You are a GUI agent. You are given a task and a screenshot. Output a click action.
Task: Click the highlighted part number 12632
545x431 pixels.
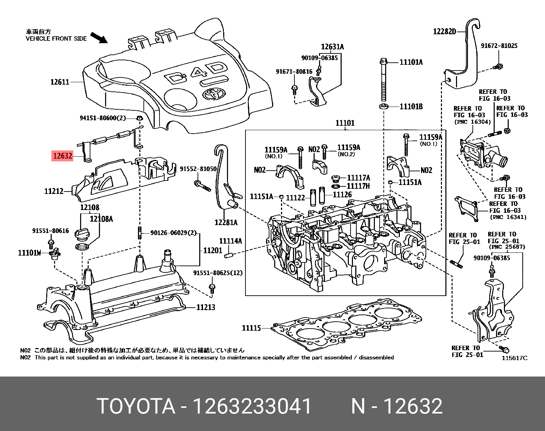tap(63, 156)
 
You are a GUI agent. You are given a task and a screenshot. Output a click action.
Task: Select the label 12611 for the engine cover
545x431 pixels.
tap(60, 82)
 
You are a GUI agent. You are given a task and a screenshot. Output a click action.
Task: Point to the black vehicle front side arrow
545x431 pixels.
tap(99, 38)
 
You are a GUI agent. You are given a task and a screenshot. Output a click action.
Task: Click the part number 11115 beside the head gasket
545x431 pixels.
tap(251, 328)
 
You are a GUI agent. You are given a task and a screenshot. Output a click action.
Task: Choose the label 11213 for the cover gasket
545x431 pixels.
tap(205, 307)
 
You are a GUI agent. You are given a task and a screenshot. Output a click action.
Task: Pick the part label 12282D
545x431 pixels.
tap(444, 32)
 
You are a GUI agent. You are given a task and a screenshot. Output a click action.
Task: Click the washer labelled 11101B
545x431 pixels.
tap(384, 107)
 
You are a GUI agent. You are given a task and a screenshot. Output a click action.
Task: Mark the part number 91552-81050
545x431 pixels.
tap(198, 169)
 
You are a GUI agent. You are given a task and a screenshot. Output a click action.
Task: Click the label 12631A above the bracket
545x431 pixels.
tap(332, 47)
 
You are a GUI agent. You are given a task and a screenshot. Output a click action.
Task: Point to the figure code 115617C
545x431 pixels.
tap(515, 358)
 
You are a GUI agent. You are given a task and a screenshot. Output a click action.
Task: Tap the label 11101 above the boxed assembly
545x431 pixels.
tap(345, 123)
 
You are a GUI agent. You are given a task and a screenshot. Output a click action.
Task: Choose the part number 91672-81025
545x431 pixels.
tap(499, 46)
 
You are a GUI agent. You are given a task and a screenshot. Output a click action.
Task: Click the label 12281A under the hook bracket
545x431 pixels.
tap(226, 223)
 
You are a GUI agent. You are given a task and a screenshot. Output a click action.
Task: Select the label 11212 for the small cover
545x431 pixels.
tap(54, 191)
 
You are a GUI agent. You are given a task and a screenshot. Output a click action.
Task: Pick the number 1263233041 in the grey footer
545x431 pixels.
tap(252, 406)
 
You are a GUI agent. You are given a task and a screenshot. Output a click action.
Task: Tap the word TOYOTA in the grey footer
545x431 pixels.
tap(136, 406)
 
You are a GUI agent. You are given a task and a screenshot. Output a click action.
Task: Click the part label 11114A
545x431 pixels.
tap(230, 241)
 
